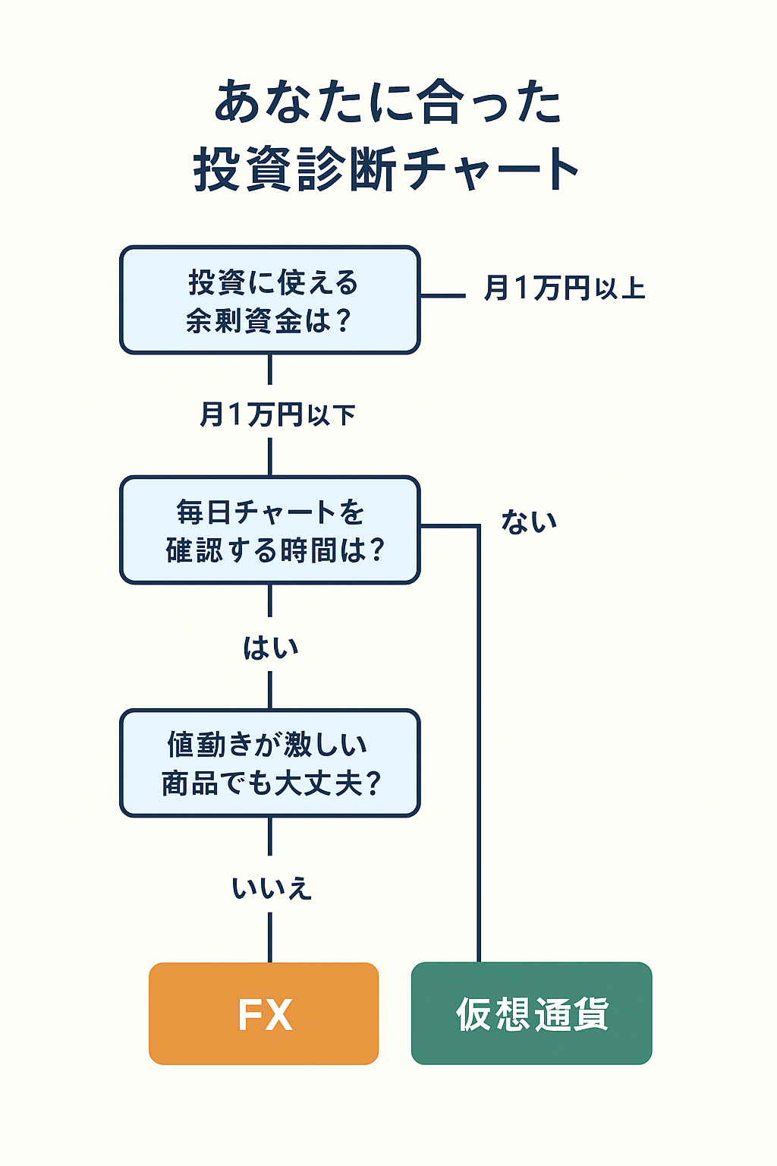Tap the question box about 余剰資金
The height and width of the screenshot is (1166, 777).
269,300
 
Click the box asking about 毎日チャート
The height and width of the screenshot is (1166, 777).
269,530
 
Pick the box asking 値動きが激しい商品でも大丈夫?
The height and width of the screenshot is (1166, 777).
269,763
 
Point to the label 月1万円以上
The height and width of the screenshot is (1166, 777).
565,288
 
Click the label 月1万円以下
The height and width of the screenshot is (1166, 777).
278,415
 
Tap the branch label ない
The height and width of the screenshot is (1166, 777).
529,522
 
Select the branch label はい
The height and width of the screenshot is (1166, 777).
271,648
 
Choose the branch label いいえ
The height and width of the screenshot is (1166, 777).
272,888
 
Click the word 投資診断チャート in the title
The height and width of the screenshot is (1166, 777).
386,168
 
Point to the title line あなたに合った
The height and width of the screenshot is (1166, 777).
388,101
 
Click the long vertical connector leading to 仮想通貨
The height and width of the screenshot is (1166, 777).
479,743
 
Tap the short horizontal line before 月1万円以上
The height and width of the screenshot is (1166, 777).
443,295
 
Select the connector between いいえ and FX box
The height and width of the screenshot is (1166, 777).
269,937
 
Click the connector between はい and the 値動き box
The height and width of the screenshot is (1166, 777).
269,690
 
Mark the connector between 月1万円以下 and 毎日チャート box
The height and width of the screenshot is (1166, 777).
269,456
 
